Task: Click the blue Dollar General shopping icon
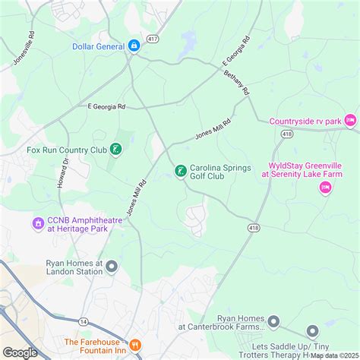point(134,46)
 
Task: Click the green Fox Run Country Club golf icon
point(115,150)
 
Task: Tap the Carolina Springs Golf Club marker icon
point(180,172)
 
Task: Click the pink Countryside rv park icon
point(349,120)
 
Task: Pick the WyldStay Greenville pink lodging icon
point(325,188)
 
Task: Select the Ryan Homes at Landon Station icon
point(112,266)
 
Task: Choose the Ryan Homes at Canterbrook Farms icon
point(312,331)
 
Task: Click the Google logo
point(21,352)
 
